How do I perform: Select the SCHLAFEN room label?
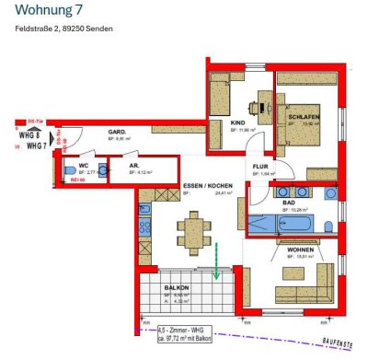coord(303,119)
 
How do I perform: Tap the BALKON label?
coord(177,287)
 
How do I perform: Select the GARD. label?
coord(117,132)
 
